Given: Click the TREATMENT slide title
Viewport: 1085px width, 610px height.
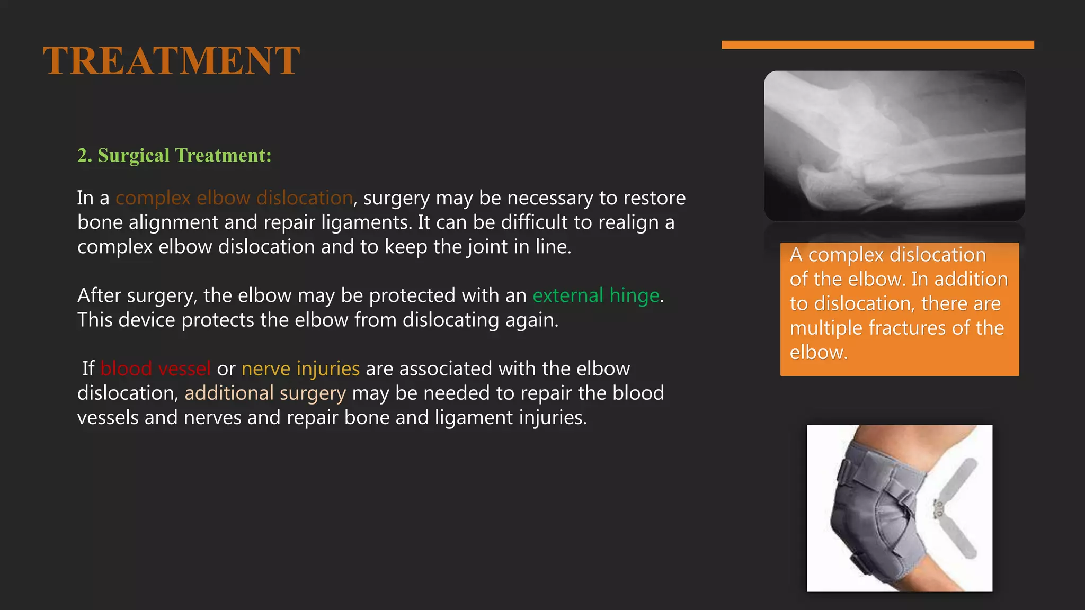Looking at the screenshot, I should [172, 61].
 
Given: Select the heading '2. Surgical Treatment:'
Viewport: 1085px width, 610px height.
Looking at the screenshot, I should [174, 155].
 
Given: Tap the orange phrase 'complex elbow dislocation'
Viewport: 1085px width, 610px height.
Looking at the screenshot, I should [234, 198].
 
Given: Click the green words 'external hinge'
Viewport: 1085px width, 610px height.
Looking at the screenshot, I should [596, 295].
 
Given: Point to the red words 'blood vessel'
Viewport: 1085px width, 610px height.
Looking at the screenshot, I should [155, 369].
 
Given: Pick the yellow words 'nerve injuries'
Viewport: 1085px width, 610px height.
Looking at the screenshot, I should [300, 369].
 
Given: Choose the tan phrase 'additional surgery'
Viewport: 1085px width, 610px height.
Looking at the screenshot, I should [265, 393].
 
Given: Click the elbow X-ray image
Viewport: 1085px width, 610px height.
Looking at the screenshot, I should [894, 146].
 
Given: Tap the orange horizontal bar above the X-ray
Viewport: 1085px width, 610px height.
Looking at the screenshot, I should [877, 45].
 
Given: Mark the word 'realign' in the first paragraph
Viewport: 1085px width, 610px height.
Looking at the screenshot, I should [629, 222].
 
